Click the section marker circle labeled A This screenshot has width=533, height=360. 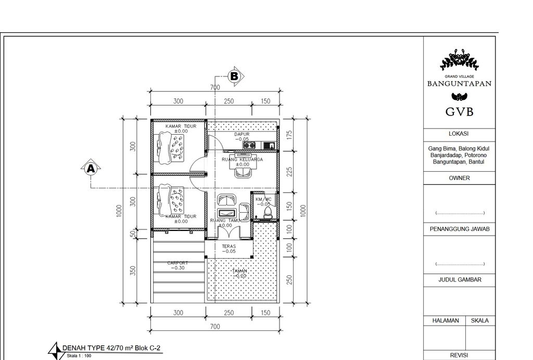(91, 169)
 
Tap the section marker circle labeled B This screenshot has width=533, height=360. (234, 76)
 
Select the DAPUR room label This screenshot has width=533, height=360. (242, 134)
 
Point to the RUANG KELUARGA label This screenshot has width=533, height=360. (242, 160)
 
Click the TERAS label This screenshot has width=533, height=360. (229, 247)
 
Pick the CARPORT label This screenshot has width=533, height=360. (177, 263)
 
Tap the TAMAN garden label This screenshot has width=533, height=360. (240, 271)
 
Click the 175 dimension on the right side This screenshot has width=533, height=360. (289, 134)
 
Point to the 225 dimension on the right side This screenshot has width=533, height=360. (289, 172)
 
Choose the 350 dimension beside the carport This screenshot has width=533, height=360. (133, 271)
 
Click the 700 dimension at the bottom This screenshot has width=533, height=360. (215, 327)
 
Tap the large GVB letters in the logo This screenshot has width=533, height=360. (459, 112)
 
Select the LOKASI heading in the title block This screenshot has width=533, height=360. (459, 134)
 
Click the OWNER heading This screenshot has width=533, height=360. (459, 178)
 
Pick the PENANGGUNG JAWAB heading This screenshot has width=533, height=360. (459, 229)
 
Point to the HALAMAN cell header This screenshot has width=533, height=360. (446, 320)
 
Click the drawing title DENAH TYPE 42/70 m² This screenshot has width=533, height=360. (115, 348)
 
